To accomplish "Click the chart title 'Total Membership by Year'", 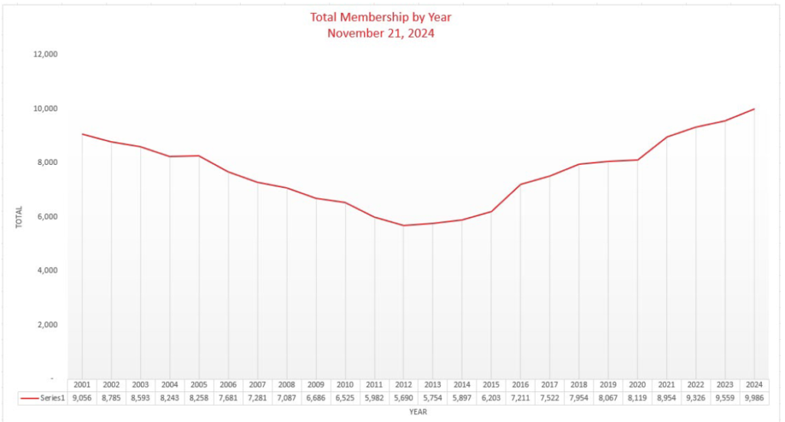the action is coord(380,17).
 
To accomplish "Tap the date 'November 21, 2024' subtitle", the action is coord(380,33).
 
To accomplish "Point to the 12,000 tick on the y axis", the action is coord(45,54).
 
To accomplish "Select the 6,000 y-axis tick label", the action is coord(48,216).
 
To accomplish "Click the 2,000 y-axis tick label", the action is coord(48,325).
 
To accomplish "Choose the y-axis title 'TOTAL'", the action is coord(19,217).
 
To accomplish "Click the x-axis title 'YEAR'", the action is coord(418,412).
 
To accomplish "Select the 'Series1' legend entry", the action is coord(42,398).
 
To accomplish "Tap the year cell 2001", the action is coord(82,385).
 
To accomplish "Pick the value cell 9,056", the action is coord(82,398).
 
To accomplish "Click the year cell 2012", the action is coord(403,385).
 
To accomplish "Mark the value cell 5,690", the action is coord(403,398).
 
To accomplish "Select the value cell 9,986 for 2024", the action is coord(754,398).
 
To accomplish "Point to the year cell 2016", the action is coord(521,385).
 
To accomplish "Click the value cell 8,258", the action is coord(199,398).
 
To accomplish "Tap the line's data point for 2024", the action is coord(754,109).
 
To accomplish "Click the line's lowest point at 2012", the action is coord(403,225).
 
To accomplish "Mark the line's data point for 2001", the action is coord(82,134).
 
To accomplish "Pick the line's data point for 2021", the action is coord(667,137).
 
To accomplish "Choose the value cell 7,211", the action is coord(521,398).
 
